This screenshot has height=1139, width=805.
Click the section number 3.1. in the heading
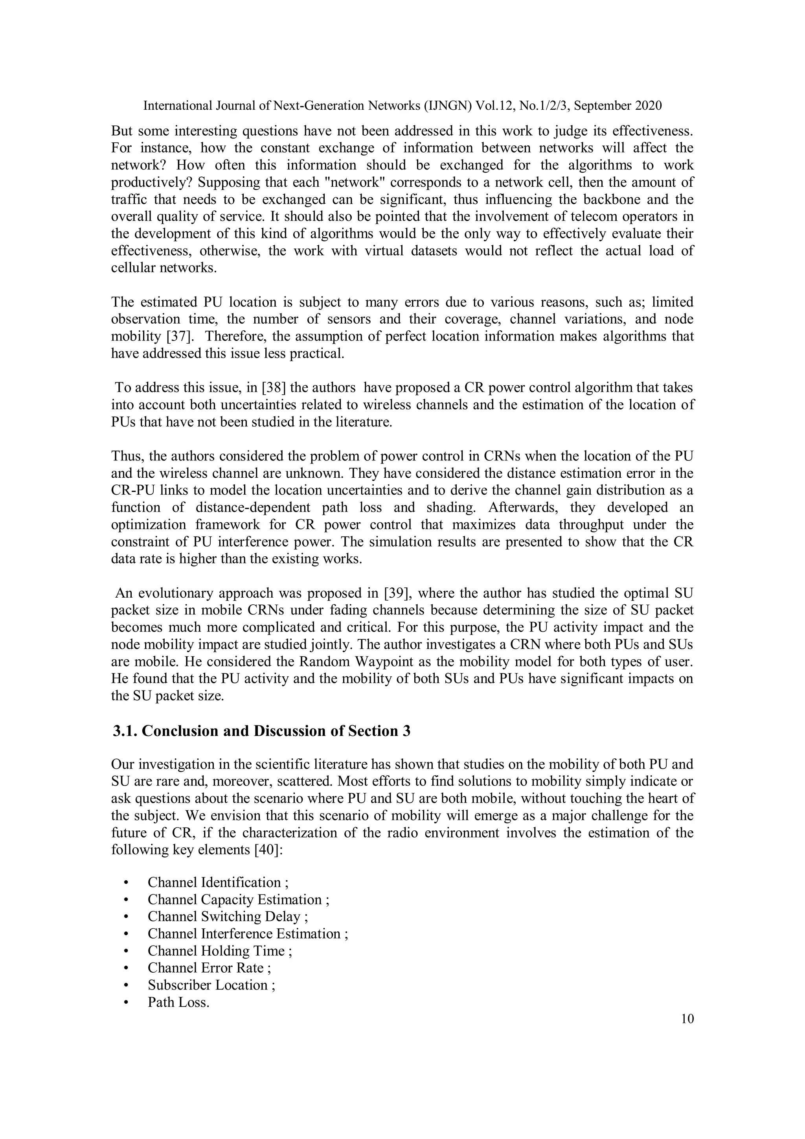(x=125, y=731)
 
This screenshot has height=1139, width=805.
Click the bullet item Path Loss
(x=178, y=1003)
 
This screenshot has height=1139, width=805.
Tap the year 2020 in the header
(x=647, y=106)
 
